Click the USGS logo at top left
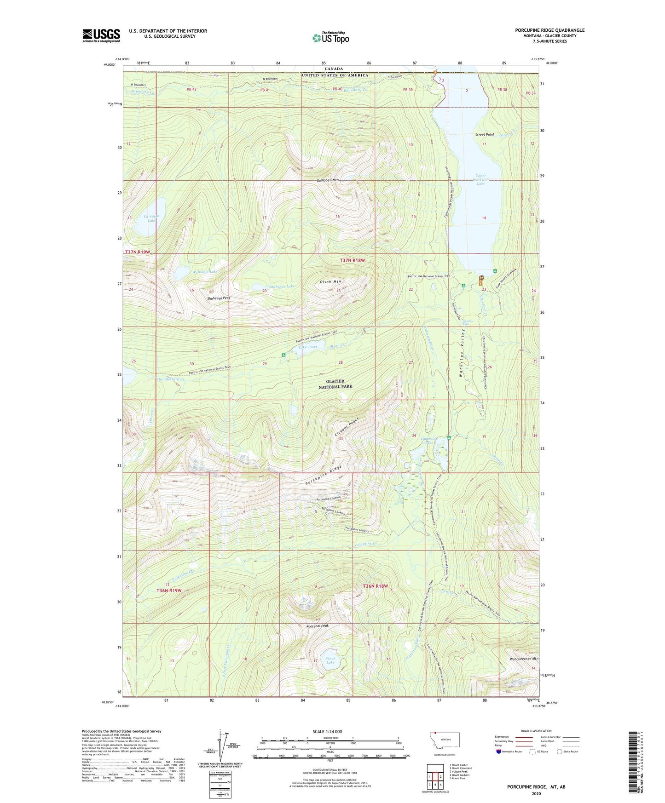coord(101,35)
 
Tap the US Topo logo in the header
coord(330,38)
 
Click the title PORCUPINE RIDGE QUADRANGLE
coord(549,30)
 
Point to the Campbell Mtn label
coord(328,180)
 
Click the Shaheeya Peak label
coord(218,298)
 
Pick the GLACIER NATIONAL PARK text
coord(335,384)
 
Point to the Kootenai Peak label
coord(318,626)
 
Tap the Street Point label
coord(485,135)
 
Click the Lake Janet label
coord(308,347)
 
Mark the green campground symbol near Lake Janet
coord(283,355)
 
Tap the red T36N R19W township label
coord(169,590)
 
